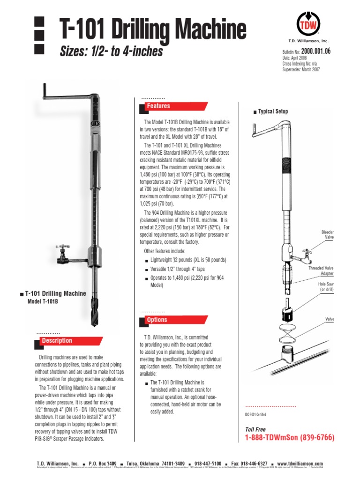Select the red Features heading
click(158, 106)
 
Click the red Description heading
click(57, 341)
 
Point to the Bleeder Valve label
click(327, 235)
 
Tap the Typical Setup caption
click(273, 112)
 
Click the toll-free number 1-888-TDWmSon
click(290, 438)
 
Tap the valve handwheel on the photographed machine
click(60, 246)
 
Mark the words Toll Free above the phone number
click(255, 429)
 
